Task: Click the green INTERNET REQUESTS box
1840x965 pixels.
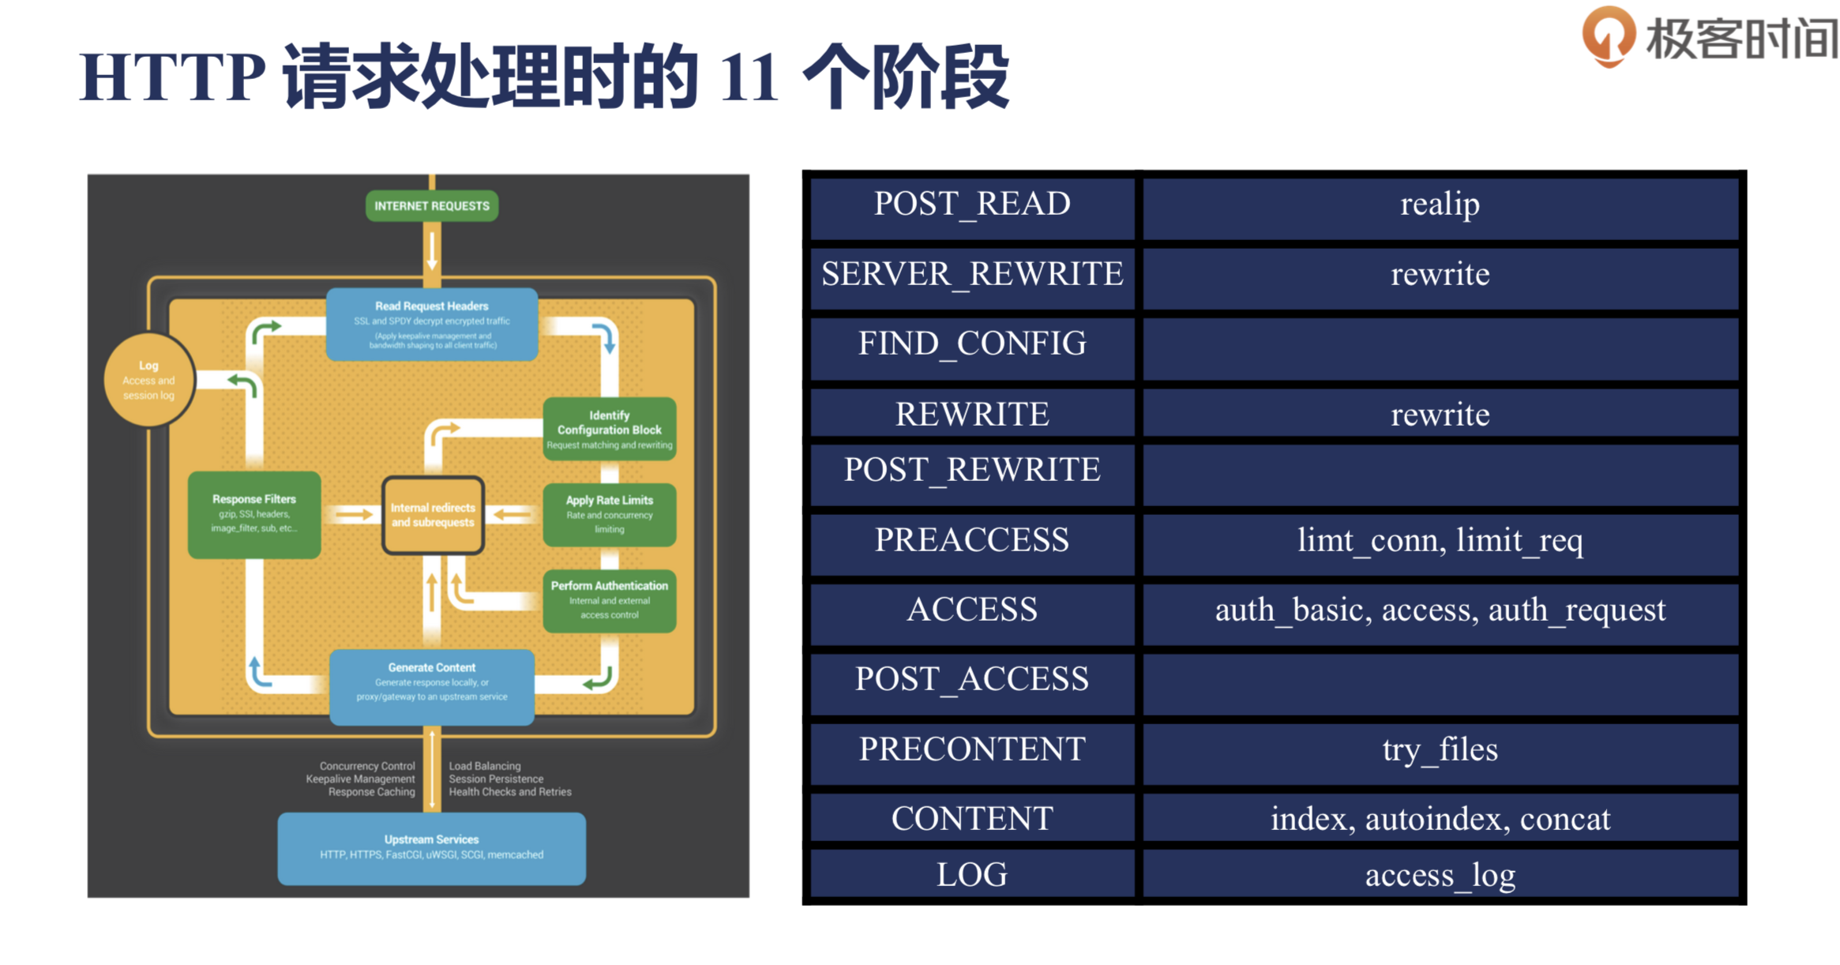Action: [x=431, y=206]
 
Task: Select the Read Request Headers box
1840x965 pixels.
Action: [x=431, y=324]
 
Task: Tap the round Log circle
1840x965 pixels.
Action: [x=148, y=380]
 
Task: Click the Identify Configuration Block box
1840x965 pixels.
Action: [x=609, y=429]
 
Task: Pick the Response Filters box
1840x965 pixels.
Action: [x=253, y=513]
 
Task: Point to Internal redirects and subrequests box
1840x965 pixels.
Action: [x=433, y=515]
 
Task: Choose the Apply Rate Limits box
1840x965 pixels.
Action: [x=609, y=514]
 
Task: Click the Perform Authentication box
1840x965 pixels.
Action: [x=609, y=599]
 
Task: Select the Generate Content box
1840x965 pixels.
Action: [x=431, y=685]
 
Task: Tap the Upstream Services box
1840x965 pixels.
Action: [x=431, y=847]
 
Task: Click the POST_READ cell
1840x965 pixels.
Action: [x=971, y=205]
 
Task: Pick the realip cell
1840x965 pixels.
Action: [x=1440, y=205]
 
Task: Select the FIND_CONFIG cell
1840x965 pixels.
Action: [x=971, y=344]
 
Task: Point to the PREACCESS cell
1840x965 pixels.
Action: [x=971, y=541]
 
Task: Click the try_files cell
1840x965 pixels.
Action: [x=1440, y=749]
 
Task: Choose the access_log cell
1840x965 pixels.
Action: [x=1440, y=875]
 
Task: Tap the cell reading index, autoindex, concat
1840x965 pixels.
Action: [x=1440, y=819]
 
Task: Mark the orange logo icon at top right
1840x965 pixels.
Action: [x=1608, y=36]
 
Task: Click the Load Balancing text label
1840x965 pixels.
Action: [x=485, y=766]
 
